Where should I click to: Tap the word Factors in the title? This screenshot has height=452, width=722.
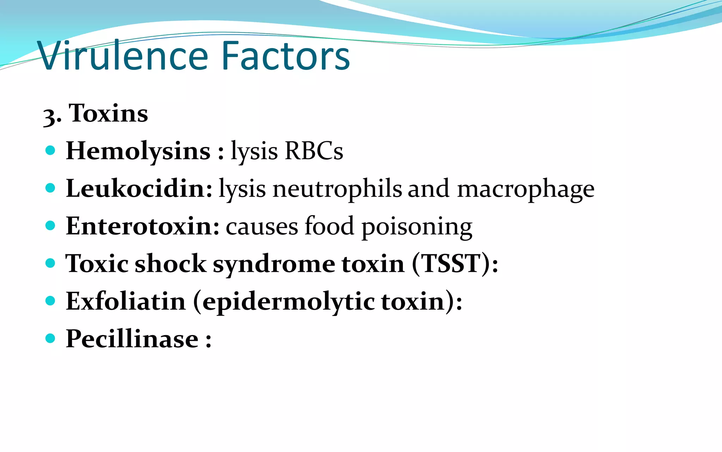click(x=286, y=56)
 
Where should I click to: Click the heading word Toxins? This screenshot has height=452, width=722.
click(x=109, y=113)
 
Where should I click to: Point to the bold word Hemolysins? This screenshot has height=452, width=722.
click(x=138, y=151)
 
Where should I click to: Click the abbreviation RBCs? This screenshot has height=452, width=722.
click(x=314, y=151)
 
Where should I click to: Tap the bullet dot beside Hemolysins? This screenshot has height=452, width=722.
click(x=50, y=150)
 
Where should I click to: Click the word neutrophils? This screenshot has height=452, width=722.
click(x=337, y=189)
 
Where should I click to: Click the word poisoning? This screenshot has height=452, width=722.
click(x=417, y=227)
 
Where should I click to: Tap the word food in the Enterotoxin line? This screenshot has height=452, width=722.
click(x=329, y=226)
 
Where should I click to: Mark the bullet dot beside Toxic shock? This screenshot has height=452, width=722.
click(x=50, y=263)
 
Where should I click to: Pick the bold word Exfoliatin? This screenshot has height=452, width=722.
click(x=126, y=301)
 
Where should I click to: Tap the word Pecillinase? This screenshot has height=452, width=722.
click(x=132, y=339)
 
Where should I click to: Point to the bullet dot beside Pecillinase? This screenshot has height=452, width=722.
click(x=50, y=338)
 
